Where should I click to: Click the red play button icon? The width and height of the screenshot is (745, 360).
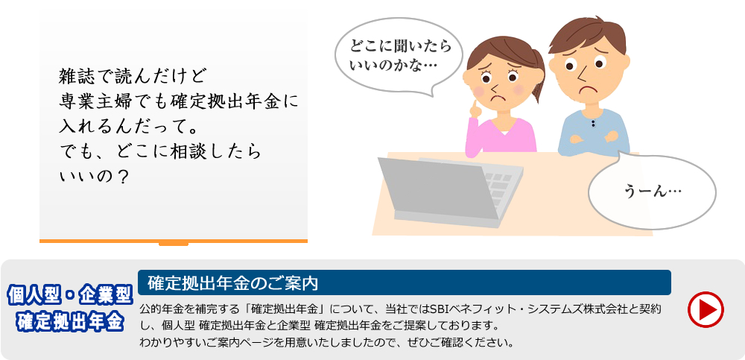point(706,309)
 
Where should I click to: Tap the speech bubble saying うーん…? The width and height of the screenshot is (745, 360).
point(652,191)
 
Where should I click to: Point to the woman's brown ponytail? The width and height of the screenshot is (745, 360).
point(539,76)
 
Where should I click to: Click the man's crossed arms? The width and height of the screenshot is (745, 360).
point(594,137)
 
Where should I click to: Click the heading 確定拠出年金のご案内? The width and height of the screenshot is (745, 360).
point(232,283)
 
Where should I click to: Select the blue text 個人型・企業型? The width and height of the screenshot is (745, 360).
point(69,296)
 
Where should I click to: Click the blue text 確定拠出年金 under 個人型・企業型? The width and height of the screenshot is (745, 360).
point(70,322)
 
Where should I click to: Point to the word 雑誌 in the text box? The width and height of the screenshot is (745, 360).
point(74,75)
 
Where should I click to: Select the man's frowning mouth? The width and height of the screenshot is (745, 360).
point(589,89)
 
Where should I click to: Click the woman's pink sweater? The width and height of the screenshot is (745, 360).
point(501,136)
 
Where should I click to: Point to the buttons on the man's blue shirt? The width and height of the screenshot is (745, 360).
point(593,124)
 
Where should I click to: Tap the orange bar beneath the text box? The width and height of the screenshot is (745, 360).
point(174,241)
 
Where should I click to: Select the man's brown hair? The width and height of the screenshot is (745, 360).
point(589,34)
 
